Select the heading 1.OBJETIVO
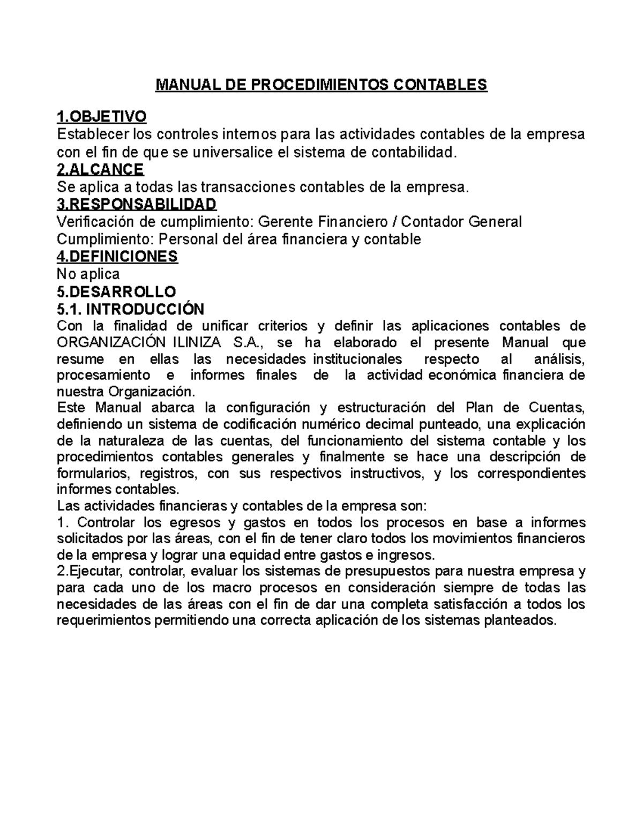pos(101,117)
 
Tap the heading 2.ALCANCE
pos(100,170)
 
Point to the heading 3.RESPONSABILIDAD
pos(137,204)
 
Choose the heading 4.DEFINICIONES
pos(117,257)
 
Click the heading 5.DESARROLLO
pos(116,292)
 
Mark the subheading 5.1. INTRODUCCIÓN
pos(130,309)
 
